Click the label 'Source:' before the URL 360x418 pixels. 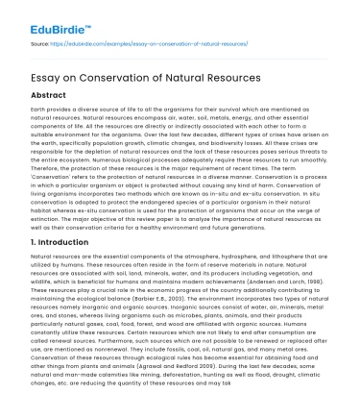[41, 43]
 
